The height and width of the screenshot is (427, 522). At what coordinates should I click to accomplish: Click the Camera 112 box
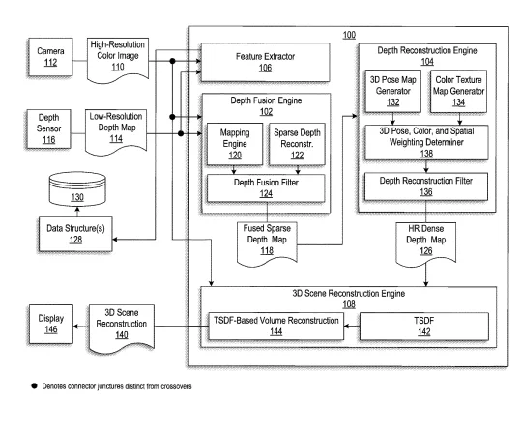pyautogui.click(x=50, y=57)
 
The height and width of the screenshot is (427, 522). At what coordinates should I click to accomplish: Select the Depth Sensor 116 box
pyautogui.click(x=48, y=128)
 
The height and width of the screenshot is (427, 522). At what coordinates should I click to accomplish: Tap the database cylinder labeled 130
pyautogui.click(x=77, y=188)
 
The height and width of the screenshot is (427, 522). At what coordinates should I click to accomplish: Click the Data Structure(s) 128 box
pyautogui.click(x=75, y=234)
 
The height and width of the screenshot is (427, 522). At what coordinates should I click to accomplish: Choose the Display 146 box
pyautogui.click(x=51, y=324)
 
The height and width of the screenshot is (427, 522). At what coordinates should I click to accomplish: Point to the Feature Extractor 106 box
pyautogui.click(x=265, y=62)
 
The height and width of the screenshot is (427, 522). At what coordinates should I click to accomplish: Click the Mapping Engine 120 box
pyautogui.click(x=235, y=144)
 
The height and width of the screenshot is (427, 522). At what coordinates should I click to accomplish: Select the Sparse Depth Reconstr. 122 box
pyautogui.click(x=297, y=144)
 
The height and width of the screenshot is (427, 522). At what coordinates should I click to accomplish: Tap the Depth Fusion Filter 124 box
pyautogui.click(x=266, y=188)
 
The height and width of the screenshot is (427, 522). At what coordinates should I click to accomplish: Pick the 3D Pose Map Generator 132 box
pyautogui.click(x=392, y=91)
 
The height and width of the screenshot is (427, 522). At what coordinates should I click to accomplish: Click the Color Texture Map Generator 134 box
pyautogui.click(x=458, y=91)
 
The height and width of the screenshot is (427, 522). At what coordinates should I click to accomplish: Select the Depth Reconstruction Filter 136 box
pyautogui.click(x=426, y=186)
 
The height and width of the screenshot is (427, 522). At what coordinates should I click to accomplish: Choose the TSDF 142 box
pyautogui.click(x=424, y=327)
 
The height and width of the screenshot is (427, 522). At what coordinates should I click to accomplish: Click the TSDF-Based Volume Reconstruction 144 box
pyautogui.click(x=275, y=327)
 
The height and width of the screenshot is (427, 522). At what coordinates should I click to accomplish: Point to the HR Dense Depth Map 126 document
pyautogui.click(x=425, y=244)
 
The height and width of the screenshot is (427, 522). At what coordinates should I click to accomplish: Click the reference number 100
pyautogui.click(x=349, y=35)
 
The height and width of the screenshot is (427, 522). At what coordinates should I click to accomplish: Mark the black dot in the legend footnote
pyautogui.click(x=34, y=386)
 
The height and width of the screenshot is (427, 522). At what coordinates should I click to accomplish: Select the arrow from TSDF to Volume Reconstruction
pyautogui.click(x=352, y=327)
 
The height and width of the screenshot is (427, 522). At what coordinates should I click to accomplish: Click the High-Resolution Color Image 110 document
pyautogui.click(x=118, y=60)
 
